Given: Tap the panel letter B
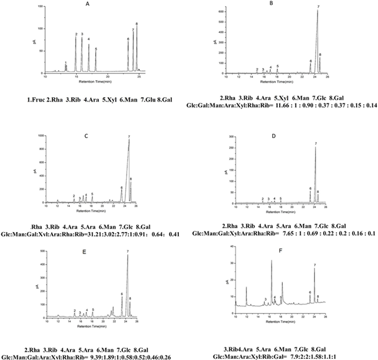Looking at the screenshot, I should coord(270,4).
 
